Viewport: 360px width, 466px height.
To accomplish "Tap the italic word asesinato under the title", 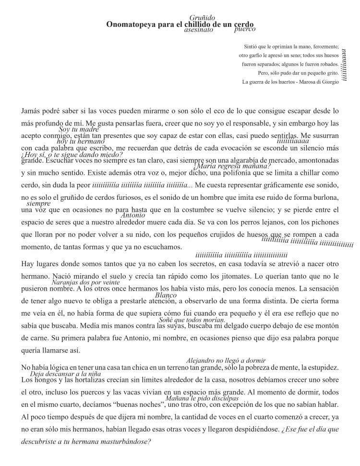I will tap(199, 30).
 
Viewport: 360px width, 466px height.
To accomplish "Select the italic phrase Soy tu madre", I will tap(79, 130).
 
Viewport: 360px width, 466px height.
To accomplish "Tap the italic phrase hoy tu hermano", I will tap(80, 141).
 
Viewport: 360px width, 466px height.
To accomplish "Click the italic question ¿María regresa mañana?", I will tap(226, 166).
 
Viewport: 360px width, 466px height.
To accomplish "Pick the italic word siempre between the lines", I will tap(38, 204).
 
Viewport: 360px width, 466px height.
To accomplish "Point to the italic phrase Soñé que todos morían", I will tap(192, 320).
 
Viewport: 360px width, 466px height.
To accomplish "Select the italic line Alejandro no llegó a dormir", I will tap(226, 360).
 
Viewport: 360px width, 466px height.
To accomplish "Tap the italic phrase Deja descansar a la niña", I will tap(65, 374).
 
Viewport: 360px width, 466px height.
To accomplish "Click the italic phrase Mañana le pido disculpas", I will tap(202, 398).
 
